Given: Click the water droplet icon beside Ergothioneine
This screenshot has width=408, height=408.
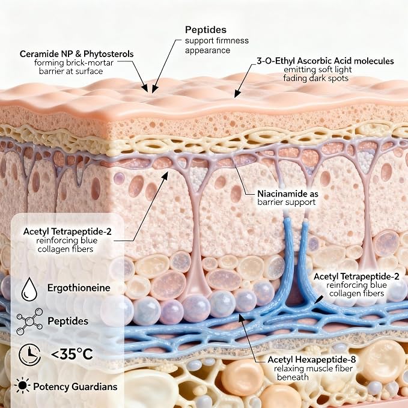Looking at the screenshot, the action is point(29,289).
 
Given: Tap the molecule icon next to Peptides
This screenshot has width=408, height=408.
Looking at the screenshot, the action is point(29,321).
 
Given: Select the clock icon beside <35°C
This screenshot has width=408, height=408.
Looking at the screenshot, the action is point(30,355).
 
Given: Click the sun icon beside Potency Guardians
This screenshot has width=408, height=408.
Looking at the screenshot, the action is point(22,385).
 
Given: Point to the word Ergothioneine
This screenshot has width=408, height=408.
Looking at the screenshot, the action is point(79,288).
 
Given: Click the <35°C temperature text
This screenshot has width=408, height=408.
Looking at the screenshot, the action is point(72,354).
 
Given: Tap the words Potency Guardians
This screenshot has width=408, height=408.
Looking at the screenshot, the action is point(75,386).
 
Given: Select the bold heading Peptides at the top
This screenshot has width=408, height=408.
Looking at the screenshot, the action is point(206,30).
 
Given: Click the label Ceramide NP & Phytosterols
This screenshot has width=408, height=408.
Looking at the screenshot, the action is point(76,54).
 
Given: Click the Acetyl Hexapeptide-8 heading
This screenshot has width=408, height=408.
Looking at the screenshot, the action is point(311,359).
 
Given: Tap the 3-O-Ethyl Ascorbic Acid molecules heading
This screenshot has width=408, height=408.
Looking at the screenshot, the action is point(325,61).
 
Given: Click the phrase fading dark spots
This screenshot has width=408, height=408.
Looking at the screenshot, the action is point(315,78).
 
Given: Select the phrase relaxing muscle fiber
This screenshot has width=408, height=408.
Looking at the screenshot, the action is point(313,368).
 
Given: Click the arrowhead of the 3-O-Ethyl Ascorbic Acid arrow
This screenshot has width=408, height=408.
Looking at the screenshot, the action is point(236,94).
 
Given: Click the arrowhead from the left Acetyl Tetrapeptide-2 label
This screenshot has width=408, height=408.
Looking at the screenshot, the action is point(165,175).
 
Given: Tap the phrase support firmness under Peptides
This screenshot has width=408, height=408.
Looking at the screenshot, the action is point(217,41).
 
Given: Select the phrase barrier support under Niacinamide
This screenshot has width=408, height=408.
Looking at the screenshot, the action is point(286,202).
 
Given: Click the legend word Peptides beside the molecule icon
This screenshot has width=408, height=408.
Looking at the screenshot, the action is point(68,321).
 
